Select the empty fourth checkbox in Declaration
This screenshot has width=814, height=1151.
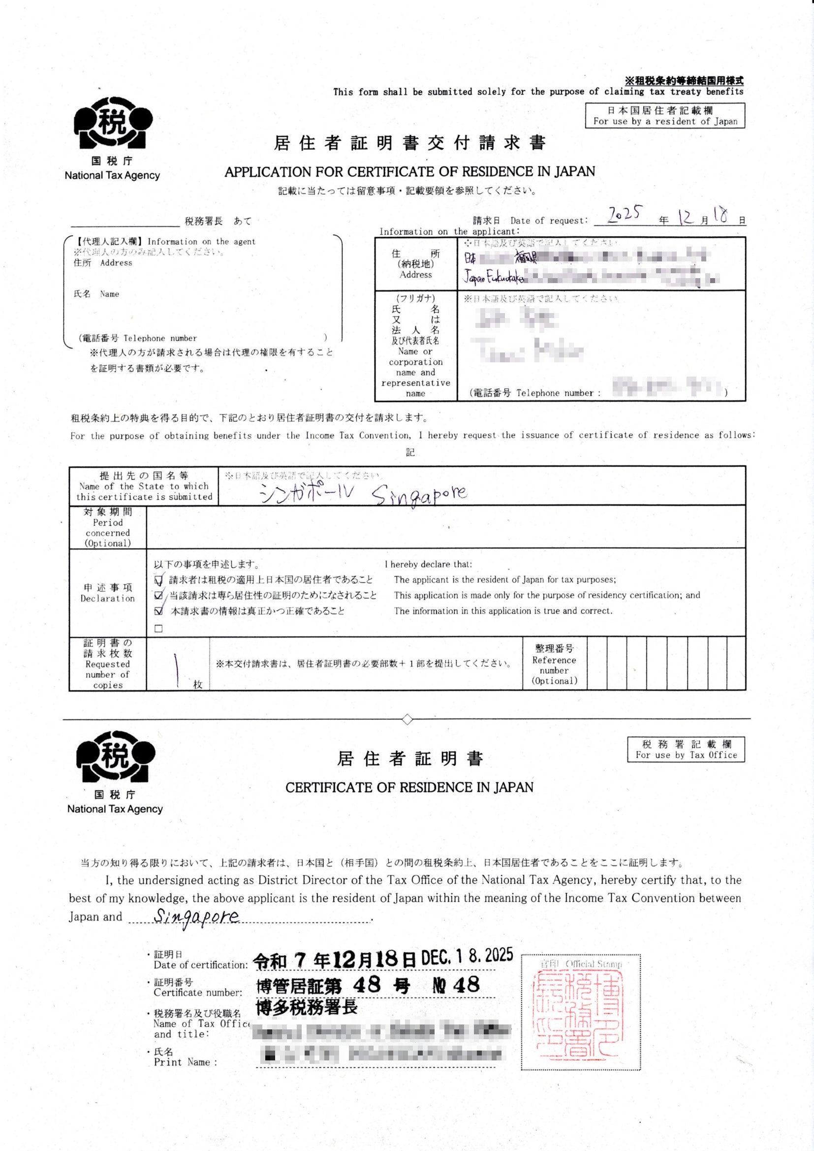coord(159,629)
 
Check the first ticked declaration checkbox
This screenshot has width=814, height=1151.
coord(159,580)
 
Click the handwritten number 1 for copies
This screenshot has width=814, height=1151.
coord(177,670)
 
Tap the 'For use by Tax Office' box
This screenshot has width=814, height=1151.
coord(686,749)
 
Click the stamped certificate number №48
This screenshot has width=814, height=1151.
coord(456,986)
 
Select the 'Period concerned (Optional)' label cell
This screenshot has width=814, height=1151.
coord(108,527)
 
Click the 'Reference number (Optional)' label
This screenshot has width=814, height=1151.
coord(554,665)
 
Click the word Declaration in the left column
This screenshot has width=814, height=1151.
coord(108,598)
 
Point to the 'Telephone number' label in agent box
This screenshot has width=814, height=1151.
coord(160,338)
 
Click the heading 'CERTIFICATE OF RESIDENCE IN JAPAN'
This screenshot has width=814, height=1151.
coord(409,788)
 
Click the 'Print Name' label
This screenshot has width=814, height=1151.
coord(186,1062)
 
